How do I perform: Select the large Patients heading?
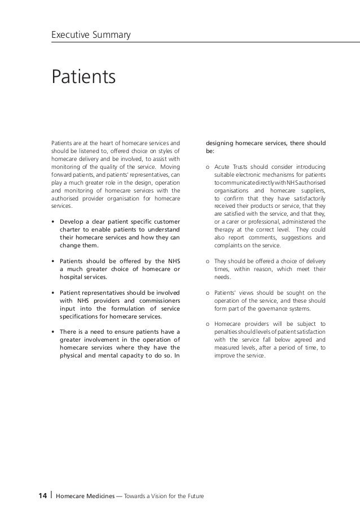click(x=83, y=76)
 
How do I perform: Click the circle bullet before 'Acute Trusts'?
click(x=208, y=167)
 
